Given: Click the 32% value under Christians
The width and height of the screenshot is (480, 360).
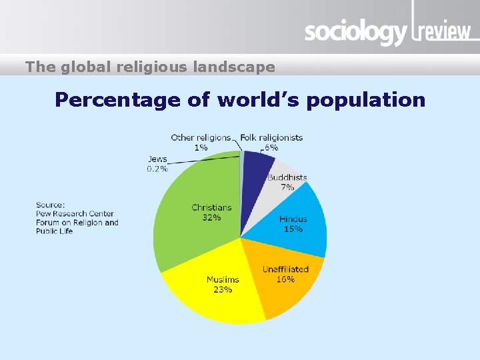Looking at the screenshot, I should click(211, 218).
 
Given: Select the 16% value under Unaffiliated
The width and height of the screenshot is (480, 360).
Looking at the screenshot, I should click(285, 279).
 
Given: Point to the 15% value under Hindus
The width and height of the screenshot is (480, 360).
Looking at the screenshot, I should click(293, 229).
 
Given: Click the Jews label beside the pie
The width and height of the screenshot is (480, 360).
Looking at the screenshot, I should click(157, 159).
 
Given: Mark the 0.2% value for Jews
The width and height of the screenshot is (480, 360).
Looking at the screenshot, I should click(157, 169).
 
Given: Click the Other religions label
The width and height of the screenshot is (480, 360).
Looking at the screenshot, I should click(201, 137).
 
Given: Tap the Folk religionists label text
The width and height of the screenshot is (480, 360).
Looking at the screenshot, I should click(271, 137).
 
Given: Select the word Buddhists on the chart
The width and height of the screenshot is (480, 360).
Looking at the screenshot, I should click(287, 177).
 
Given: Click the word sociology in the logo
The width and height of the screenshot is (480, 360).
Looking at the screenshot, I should click(355, 32).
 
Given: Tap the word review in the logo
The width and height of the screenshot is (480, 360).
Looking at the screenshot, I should click(443, 31).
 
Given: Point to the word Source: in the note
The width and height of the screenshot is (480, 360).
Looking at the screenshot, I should click(51, 205).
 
